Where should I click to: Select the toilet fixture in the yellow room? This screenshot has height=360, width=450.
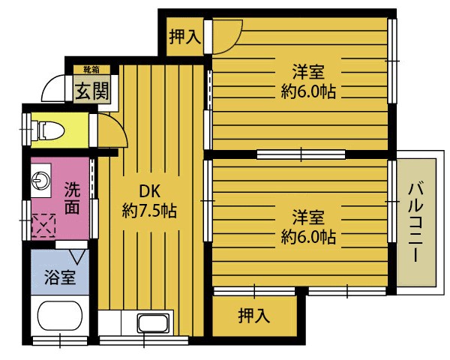pos(51,130)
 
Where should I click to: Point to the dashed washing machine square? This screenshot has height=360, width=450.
pos(43,224)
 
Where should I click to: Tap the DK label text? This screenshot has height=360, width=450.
pos(149,190)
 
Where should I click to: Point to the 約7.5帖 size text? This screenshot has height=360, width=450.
pos(149,211)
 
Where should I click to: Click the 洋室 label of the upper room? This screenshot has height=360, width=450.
pos(308,73)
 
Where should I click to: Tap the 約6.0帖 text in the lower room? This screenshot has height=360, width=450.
pos(308,238)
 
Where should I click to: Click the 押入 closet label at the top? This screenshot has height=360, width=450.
pos(184,36)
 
